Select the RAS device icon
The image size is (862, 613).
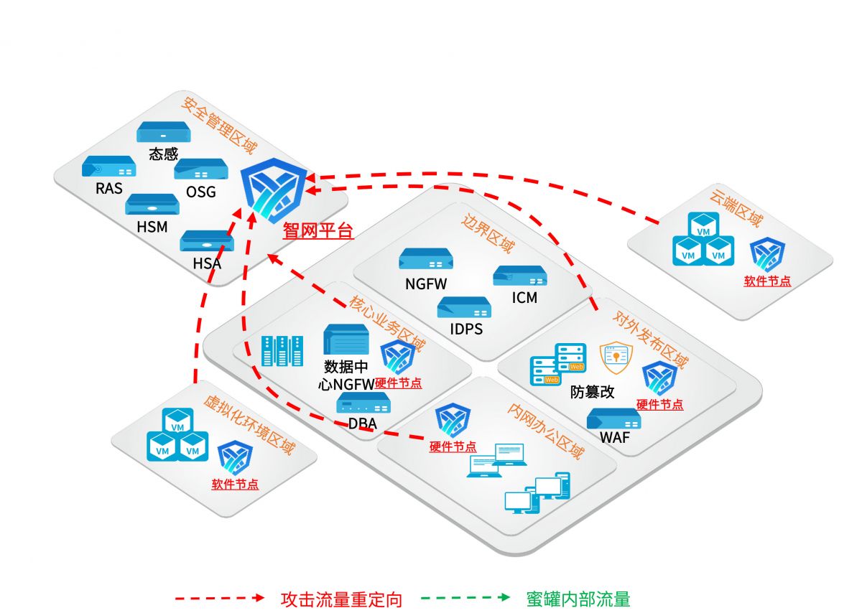click(108, 167)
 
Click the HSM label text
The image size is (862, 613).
click(152, 227)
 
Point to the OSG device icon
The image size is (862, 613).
click(201, 169)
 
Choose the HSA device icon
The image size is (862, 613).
click(207, 240)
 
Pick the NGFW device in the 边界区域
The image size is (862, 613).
click(426, 259)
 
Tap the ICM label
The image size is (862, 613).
click(525, 297)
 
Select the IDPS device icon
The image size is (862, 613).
click(464, 307)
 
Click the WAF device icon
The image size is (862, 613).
click(613, 418)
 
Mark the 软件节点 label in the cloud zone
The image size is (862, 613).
click(767, 281)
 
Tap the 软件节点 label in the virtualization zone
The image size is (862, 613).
click(235, 485)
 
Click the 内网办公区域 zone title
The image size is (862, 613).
click(545, 431)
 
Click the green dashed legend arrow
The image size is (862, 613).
click(465, 597)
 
